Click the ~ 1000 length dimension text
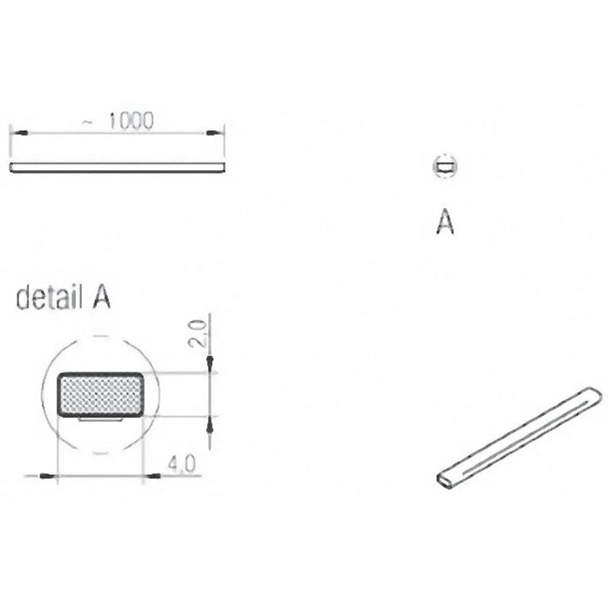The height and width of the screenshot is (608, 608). click(x=119, y=122)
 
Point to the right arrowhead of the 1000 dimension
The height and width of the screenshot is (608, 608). click(x=216, y=132)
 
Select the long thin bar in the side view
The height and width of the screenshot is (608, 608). click(x=117, y=167)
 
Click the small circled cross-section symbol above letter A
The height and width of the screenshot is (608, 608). click(x=445, y=167)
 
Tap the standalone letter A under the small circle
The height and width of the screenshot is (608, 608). click(x=445, y=223)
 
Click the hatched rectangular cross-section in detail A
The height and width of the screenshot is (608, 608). click(x=101, y=394)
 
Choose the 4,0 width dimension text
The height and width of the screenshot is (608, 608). click(x=181, y=465)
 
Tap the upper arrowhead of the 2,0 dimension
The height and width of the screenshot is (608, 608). click(x=209, y=364)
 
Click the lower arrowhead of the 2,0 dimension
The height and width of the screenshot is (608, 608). click(x=209, y=424)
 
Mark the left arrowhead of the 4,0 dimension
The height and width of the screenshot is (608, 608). click(x=47, y=475)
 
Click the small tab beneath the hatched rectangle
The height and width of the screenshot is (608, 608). click(x=101, y=419)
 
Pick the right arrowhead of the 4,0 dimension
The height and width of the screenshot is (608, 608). click(x=152, y=475)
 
